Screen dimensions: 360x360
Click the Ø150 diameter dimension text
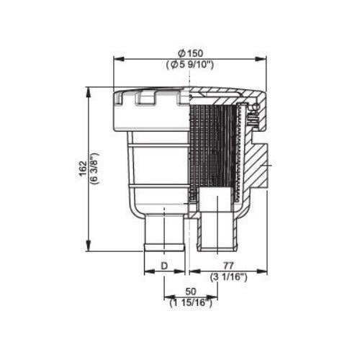192,53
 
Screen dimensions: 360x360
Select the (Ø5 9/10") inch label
190,65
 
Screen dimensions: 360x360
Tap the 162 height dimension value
84,168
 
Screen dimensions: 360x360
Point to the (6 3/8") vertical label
94,168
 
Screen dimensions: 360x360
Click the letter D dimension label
164,266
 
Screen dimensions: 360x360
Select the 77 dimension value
228,266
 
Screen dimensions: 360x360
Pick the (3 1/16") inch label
228,277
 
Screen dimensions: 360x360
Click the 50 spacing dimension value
191,292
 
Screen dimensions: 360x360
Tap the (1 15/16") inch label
191,303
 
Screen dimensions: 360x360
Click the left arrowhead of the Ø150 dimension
118,58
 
